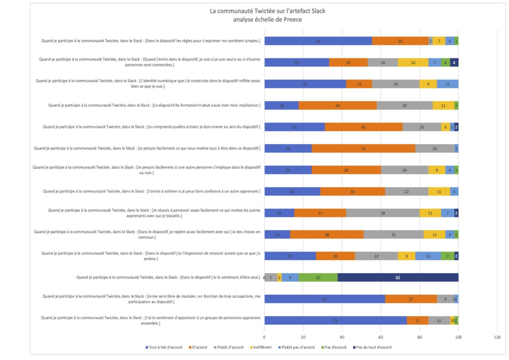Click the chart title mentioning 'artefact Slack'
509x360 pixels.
267,15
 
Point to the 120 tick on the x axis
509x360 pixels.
497,337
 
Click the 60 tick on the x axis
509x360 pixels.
381,337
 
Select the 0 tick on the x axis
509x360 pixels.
265,337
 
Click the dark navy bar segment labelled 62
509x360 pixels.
398,277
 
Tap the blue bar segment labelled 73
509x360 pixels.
335,320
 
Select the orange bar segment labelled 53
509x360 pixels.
363,149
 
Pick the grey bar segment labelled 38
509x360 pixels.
383,213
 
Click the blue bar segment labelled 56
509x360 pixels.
318,41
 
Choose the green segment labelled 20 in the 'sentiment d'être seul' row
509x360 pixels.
318,277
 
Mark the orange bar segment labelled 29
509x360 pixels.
400,41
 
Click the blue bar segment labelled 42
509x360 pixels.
305,84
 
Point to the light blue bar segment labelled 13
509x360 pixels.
428,256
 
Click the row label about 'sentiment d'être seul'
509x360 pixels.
168,277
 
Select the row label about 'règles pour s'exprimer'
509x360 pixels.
151,41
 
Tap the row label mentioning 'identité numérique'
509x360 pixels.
148,84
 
